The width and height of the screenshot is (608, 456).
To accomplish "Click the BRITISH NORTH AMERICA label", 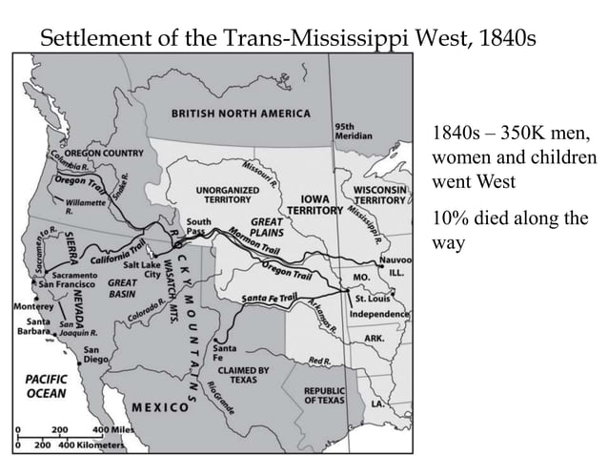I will point(240,114).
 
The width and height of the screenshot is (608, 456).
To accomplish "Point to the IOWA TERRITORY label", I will point(314,203).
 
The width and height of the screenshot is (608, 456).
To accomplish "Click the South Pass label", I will point(199,227).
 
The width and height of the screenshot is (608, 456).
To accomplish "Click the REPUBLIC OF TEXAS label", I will point(324,395).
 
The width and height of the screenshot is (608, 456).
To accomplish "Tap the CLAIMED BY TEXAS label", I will point(243,374).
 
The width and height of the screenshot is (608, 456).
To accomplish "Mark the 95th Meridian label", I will point(347,131).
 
